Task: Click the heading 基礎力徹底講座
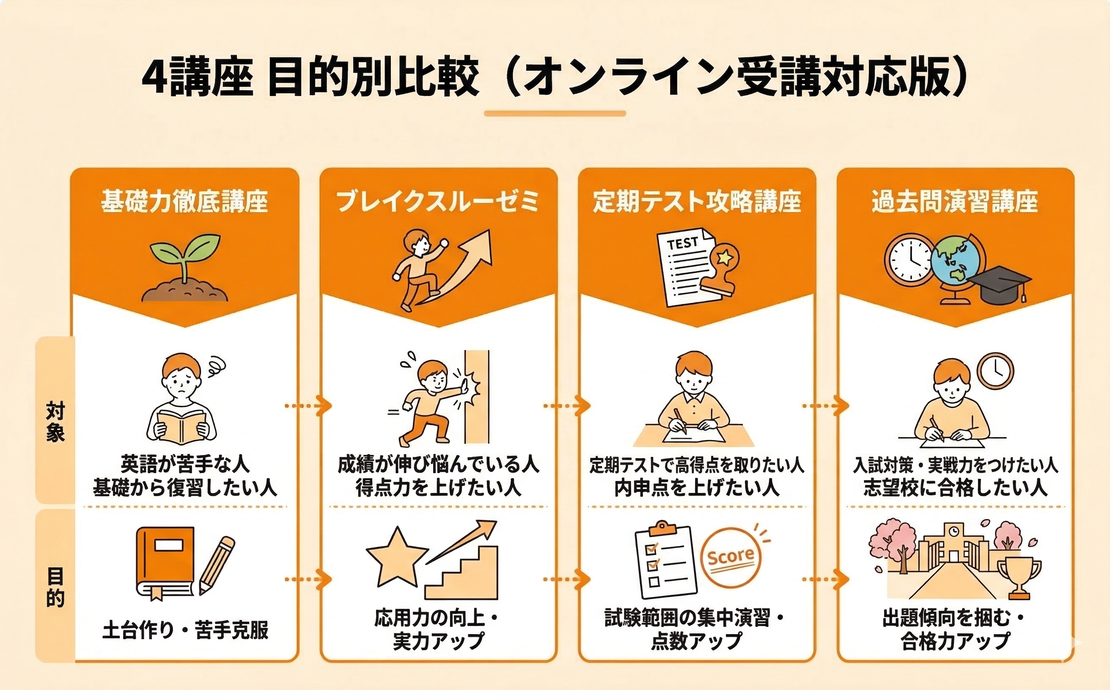184,202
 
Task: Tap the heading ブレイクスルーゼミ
438,202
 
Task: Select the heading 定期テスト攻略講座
696,202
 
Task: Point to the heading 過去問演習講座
955,202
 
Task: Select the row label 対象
55,422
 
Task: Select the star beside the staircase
397,558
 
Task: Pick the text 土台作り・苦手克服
185,630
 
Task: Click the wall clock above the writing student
995,371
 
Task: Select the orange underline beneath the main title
555,114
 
